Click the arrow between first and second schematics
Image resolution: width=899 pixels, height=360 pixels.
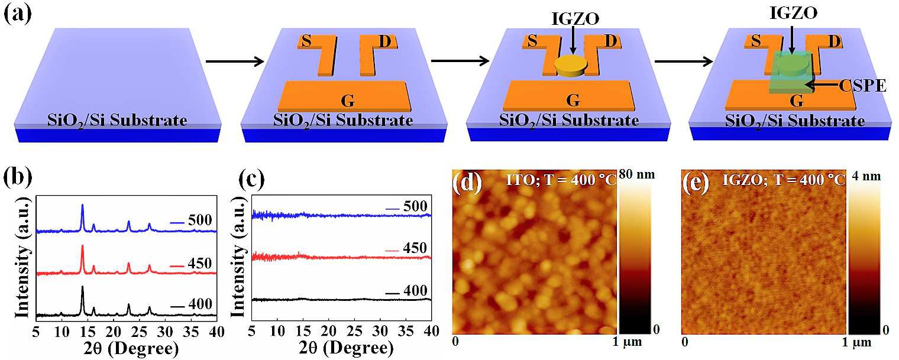234,60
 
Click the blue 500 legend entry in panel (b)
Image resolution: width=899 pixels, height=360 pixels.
190,222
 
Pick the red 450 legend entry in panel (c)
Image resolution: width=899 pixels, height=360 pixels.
409,247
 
